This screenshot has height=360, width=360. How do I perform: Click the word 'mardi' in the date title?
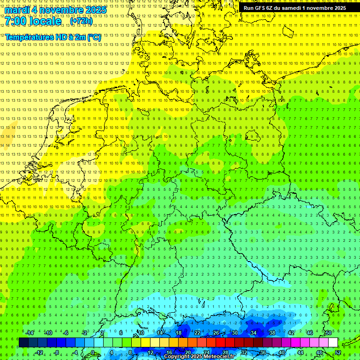point(16,10)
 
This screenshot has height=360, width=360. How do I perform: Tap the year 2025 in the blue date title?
point(94,10)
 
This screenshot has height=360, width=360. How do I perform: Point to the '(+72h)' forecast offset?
point(81,22)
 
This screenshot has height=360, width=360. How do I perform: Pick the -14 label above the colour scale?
point(30,333)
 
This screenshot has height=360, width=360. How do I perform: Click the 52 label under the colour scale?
point(338,352)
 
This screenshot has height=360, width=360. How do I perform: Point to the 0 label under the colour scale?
point(92,352)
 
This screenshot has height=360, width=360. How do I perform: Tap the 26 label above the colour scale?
point(216,333)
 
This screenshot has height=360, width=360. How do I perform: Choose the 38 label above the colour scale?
point(272,333)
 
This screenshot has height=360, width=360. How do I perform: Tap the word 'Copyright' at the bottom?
point(177,357)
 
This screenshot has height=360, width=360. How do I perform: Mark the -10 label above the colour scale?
point(48,333)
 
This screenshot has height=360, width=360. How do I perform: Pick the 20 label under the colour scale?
point(187,352)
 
